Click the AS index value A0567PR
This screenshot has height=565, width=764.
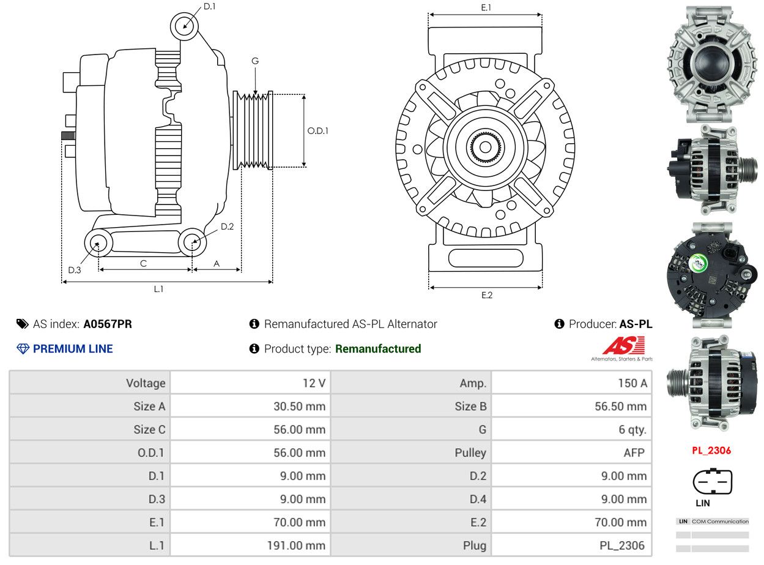[108, 324]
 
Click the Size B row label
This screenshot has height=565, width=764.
[470, 406]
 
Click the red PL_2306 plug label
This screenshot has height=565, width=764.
[711, 450]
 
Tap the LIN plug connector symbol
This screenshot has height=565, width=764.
[713, 481]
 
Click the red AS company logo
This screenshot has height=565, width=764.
[623, 346]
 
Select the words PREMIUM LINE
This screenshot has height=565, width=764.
[73, 349]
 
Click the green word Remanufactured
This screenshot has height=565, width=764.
[378, 349]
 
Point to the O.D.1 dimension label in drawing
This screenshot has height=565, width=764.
[317, 131]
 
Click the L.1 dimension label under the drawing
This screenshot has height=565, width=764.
[158, 289]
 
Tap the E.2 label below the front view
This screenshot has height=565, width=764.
[487, 295]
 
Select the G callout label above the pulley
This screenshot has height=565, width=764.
[255, 61]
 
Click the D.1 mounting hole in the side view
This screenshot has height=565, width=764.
[185, 26]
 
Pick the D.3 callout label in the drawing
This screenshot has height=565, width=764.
[75, 270]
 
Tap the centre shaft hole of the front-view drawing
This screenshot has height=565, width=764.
[485, 148]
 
